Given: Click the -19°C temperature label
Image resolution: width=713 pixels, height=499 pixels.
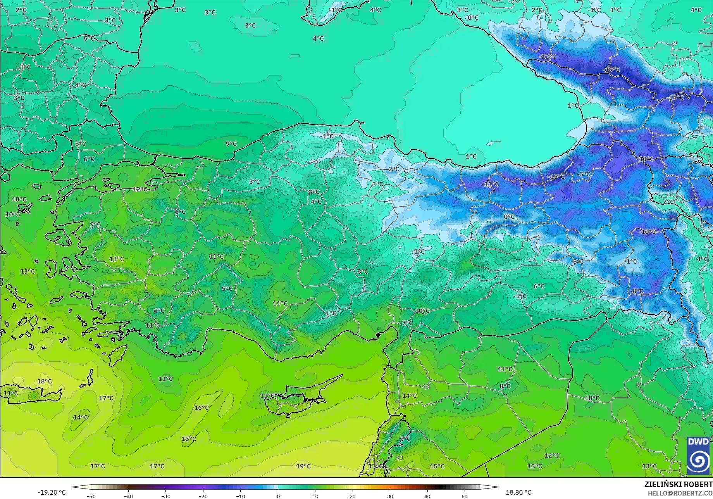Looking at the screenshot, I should coord(611,70).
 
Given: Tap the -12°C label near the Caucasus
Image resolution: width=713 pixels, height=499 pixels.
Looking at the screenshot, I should coord(548,57).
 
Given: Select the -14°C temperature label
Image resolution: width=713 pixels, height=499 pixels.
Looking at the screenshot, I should coord(676,98).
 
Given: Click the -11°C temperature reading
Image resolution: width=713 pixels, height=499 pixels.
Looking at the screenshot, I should coord(490,184).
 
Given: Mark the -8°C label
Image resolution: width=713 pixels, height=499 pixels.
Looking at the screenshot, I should coord(637,291).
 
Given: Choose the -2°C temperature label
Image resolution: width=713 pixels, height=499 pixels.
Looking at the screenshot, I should coord(393,169).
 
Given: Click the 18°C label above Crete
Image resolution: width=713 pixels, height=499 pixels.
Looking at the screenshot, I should coord(44,382).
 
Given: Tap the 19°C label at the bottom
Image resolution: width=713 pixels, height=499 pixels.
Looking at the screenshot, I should coord(303,466).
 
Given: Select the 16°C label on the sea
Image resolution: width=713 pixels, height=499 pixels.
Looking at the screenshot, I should coord(201,408).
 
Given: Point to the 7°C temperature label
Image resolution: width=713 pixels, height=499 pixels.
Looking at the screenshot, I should coord(407,323).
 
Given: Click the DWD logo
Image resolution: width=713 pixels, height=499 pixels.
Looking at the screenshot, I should coord(698,456).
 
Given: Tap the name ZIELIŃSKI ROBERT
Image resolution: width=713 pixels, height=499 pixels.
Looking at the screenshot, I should coord(678,484).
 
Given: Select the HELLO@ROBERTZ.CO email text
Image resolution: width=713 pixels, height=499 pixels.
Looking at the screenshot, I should coord(680,493).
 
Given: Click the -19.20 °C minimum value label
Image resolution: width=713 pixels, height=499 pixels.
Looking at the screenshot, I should coord(52,492).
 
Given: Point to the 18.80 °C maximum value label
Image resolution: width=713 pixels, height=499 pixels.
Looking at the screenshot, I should coord(518,492).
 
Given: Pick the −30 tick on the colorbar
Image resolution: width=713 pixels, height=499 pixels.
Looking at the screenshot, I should coord(166,496).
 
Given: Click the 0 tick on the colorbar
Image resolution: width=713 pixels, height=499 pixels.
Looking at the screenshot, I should coord(278,496).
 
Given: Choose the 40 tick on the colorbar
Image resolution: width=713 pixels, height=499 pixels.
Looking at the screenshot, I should coord(427,496).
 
